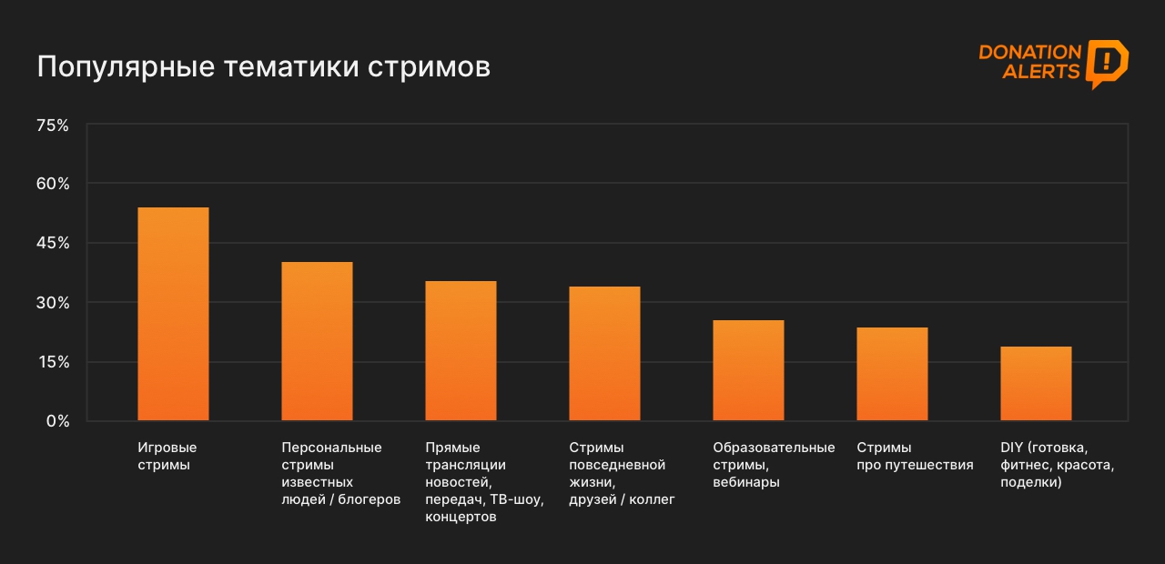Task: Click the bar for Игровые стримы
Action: pyautogui.click(x=173, y=314)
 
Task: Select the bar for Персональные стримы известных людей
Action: pyautogui.click(x=317, y=341)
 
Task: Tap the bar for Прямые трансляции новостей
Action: pyautogui.click(x=461, y=351)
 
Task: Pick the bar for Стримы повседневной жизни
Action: pyautogui.click(x=604, y=354)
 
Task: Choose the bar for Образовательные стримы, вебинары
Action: pyautogui.click(x=748, y=370)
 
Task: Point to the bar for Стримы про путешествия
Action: pyautogui.click(x=892, y=374)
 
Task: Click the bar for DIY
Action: pyautogui.click(x=1036, y=384)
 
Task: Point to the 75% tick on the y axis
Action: pyautogui.click(x=52, y=126)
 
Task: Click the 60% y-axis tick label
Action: pyautogui.click(x=52, y=184)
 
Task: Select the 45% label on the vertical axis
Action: pyautogui.click(x=52, y=243)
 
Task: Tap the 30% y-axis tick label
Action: pyautogui.click(x=52, y=303)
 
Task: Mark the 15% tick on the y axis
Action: pyautogui.click(x=52, y=362)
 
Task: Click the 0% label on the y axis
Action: pyautogui.click(x=57, y=421)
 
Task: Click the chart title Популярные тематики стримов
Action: pyautogui.click(x=263, y=67)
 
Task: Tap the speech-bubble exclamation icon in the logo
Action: pyautogui.click(x=1107, y=63)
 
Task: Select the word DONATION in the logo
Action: pyautogui.click(x=1029, y=53)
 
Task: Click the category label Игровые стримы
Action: pyautogui.click(x=167, y=456)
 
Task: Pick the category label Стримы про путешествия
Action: pyautogui.click(x=915, y=456)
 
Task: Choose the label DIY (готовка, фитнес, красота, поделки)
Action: pyautogui.click(x=1057, y=465)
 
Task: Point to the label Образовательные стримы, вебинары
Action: pyautogui.click(x=774, y=465)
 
